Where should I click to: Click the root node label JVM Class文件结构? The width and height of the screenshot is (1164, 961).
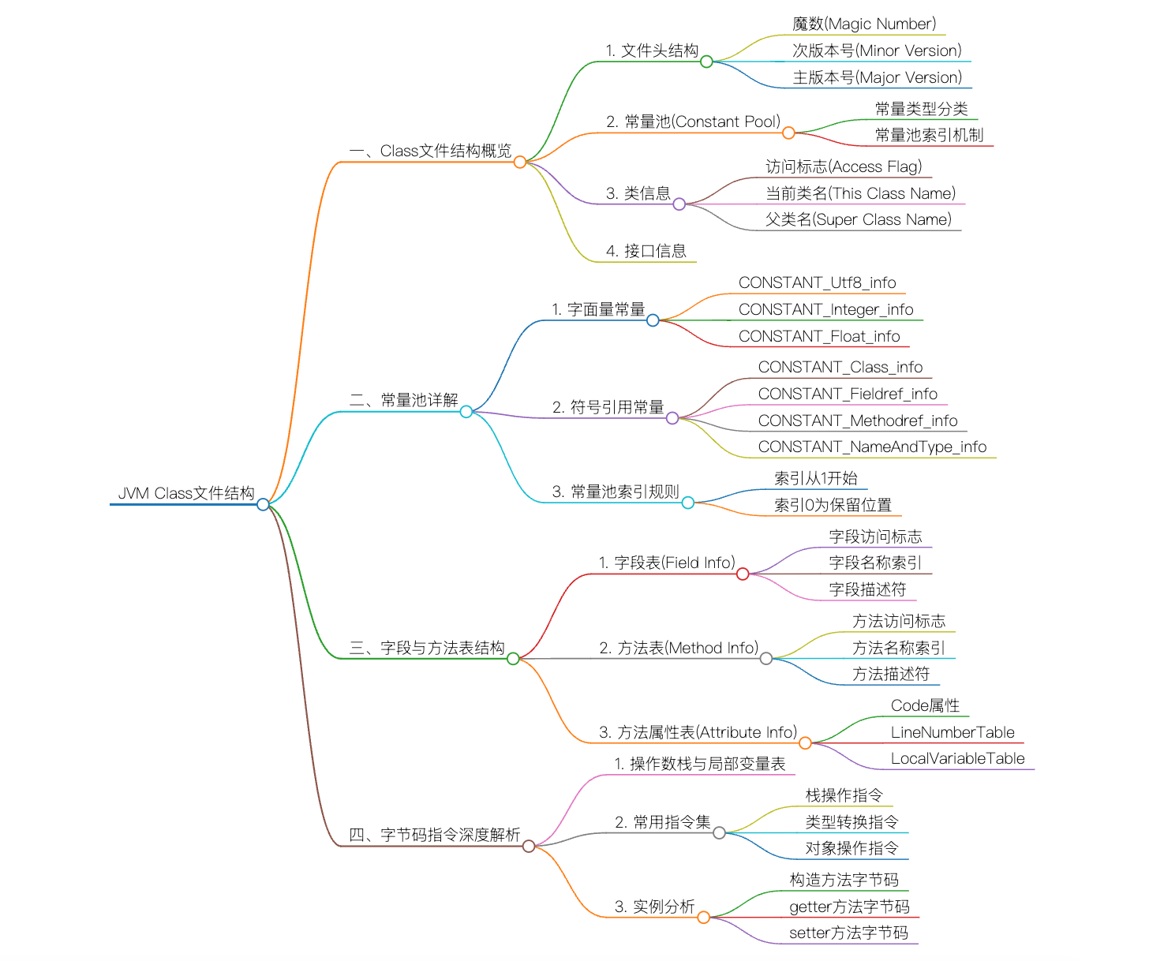tap(186, 493)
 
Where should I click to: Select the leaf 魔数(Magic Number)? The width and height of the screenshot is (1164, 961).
tap(864, 24)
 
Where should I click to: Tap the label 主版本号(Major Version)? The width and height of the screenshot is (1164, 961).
tap(877, 77)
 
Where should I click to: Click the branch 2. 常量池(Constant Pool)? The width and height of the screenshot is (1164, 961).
tap(693, 122)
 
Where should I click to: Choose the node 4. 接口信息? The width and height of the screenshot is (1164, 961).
tap(646, 251)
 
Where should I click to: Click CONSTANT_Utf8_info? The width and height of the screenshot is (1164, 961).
tap(817, 282)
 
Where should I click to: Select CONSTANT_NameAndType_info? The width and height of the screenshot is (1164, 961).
tap(872, 447)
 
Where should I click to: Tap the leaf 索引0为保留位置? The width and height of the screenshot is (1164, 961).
tap(833, 505)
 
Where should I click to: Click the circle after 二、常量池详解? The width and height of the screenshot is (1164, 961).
tap(466, 412)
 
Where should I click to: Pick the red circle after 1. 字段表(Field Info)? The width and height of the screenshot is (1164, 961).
tap(743, 574)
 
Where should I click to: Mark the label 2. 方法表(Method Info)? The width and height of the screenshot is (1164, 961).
tap(679, 648)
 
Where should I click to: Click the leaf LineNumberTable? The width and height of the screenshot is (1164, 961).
tap(953, 732)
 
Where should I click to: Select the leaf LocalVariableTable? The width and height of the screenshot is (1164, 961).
tap(957, 758)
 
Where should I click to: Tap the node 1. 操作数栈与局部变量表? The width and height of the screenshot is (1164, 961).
tap(699, 764)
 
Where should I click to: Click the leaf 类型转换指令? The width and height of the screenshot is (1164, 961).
tap(851, 822)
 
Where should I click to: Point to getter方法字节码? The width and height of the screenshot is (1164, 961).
tap(849, 907)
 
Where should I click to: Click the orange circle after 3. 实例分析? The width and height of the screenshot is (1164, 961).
tap(703, 917)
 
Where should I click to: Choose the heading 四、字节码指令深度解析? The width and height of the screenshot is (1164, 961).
tap(434, 835)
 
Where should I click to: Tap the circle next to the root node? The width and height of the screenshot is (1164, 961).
tap(263, 504)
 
